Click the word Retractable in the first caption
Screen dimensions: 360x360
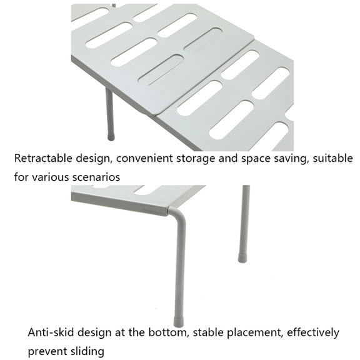click(x=43, y=158)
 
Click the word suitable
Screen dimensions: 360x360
click(x=332, y=158)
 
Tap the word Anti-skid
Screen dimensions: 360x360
click(x=51, y=332)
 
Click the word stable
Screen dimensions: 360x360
click(x=208, y=332)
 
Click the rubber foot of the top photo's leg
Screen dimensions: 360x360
click(x=111, y=137)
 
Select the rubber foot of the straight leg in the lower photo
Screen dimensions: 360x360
click(x=242, y=258)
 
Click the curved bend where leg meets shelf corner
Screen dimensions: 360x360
click(x=177, y=213)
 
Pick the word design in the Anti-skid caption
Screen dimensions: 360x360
click(x=95, y=333)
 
